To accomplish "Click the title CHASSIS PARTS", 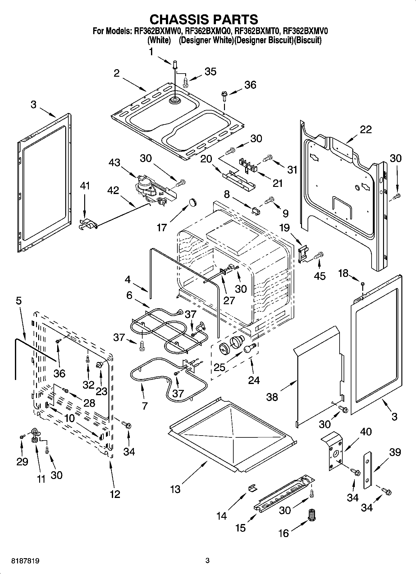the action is click(x=204, y=19).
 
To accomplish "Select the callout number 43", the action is click(x=115, y=162).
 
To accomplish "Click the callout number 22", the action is click(x=365, y=129).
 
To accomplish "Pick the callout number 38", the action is click(x=272, y=397).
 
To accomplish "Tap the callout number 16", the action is click(x=284, y=533).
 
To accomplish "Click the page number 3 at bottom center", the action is click(x=208, y=561).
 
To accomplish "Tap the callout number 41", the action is click(x=85, y=186).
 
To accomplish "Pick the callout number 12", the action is click(x=115, y=494).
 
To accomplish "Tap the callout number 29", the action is click(x=23, y=462).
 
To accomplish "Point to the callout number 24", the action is click(x=254, y=380).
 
